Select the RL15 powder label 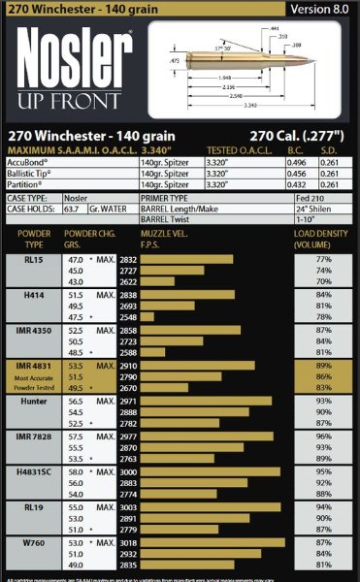point(33,260)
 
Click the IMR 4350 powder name point(33,330)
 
